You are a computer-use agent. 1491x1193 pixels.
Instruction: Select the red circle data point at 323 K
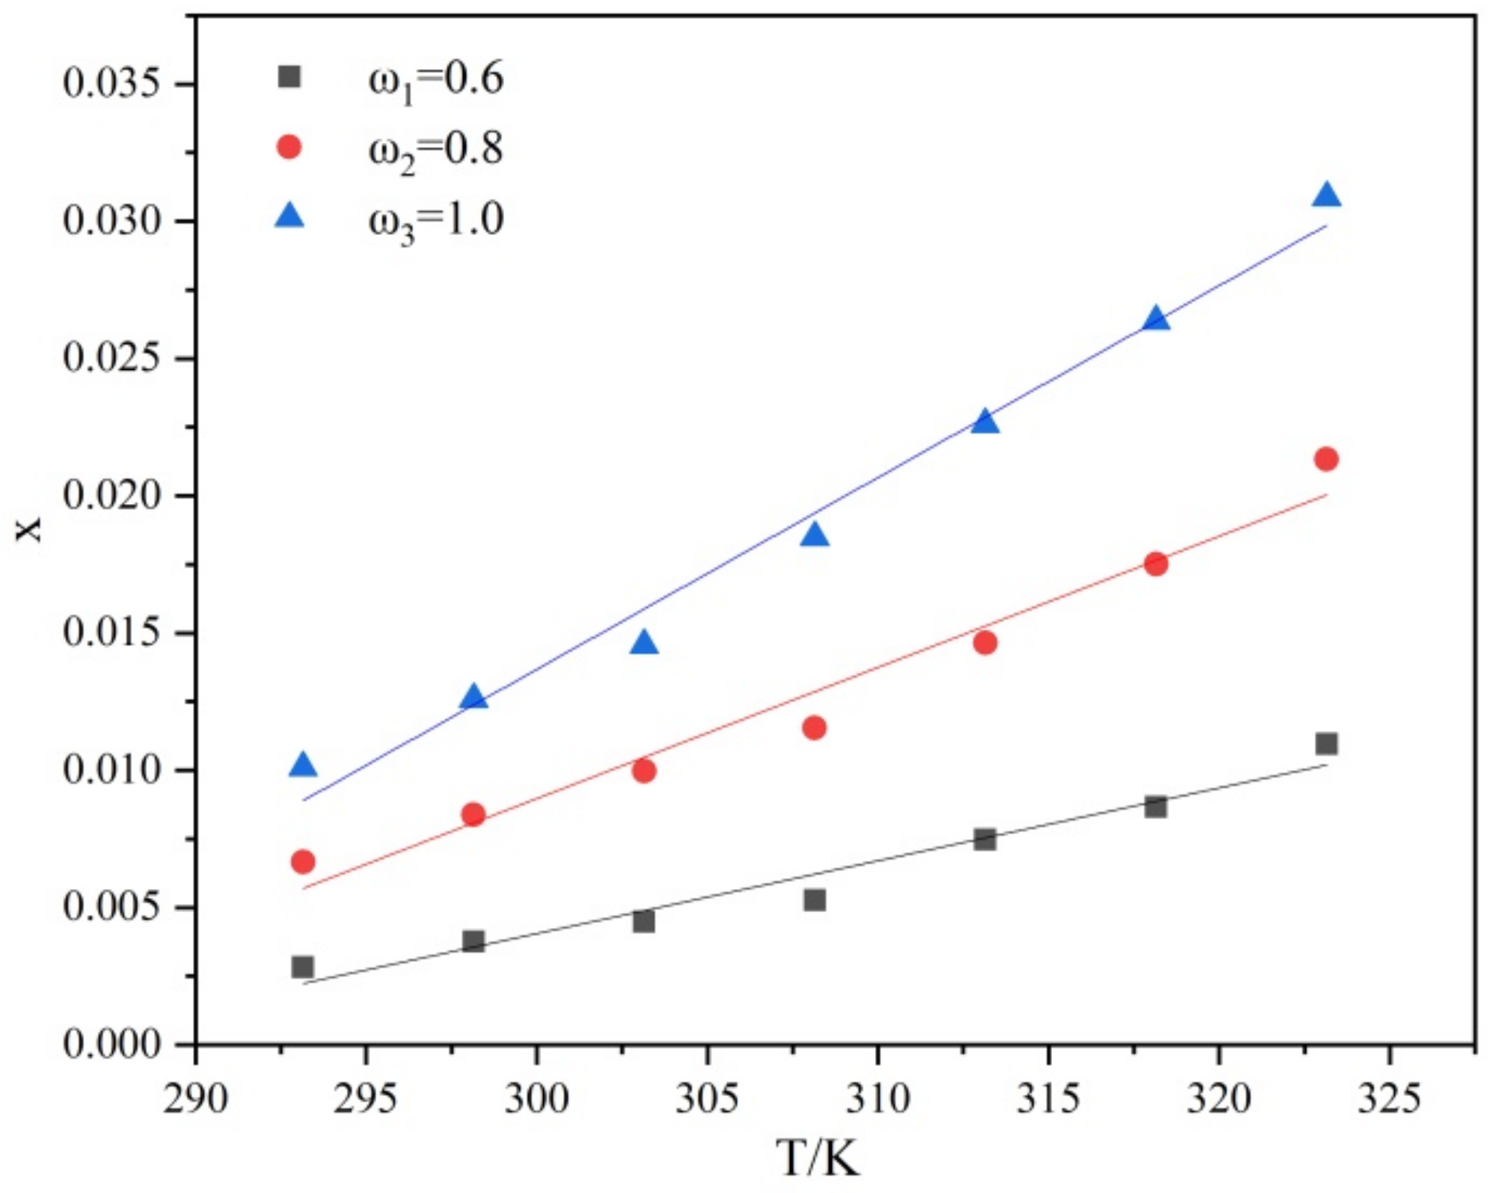coord(1326,459)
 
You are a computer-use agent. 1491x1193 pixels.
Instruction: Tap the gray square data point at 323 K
coord(1326,744)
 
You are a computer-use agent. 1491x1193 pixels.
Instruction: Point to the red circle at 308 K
coord(814,727)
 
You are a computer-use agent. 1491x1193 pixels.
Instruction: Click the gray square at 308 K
coord(814,900)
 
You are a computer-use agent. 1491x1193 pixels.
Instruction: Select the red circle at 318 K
coord(1155,564)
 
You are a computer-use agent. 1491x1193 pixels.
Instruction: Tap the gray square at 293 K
coord(302,967)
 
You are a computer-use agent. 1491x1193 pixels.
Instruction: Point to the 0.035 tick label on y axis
coord(118,83)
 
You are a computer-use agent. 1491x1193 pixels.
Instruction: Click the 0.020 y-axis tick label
coord(118,496)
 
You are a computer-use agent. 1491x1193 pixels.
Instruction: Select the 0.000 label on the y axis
coord(118,1044)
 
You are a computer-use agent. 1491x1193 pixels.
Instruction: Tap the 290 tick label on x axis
coord(195,1099)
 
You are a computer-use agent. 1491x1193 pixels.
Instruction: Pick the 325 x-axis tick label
coord(1389,1099)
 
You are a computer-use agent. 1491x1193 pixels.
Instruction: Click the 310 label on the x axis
coord(877,1099)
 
